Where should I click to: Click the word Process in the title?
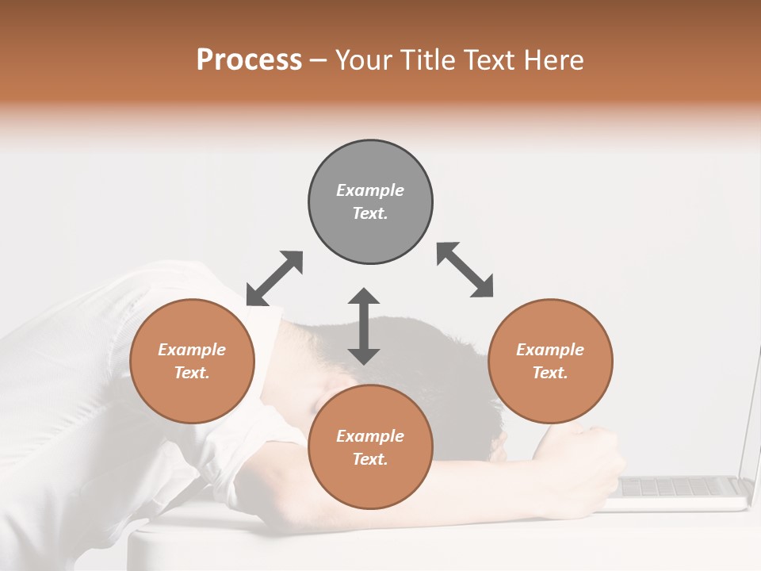coord(249,60)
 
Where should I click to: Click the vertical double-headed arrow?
coord(364,326)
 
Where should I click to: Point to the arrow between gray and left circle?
coord(274,278)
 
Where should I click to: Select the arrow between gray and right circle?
coord(465,270)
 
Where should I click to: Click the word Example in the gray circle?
coord(370,190)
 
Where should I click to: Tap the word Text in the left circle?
coord(192,373)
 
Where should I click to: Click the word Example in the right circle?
coord(550,350)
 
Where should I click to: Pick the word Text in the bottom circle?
coord(370,459)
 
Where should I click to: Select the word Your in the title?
coord(365,60)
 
